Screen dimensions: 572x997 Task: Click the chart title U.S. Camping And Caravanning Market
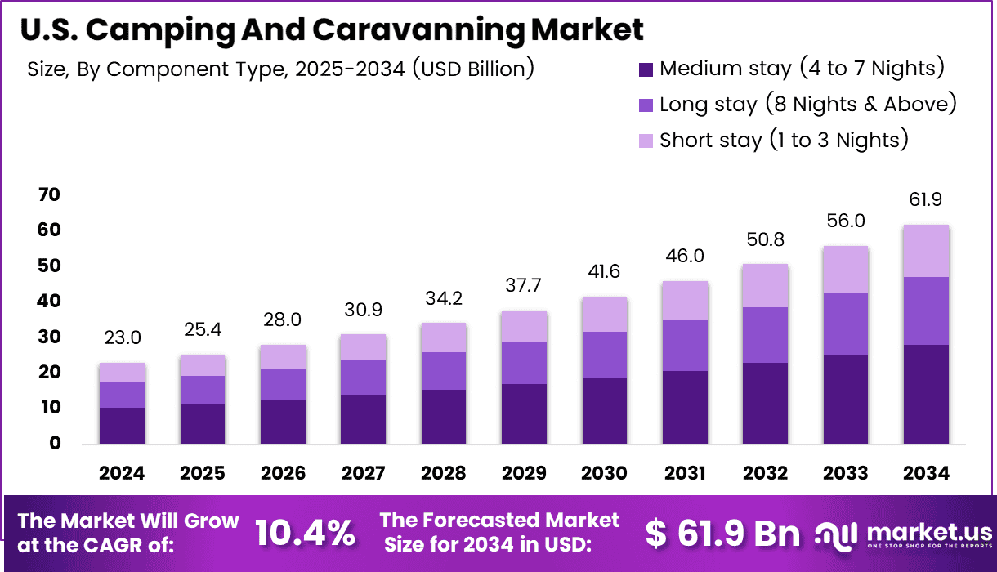point(331,29)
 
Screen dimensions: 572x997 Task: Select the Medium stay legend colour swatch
point(646,69)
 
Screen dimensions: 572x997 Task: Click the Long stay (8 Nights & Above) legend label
point(807,104)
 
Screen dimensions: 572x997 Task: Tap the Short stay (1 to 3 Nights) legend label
point(784,140)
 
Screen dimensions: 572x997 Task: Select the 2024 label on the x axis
point(122,473)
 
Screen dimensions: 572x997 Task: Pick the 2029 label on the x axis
point(524,473)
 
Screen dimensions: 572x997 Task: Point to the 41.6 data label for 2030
point(604,272)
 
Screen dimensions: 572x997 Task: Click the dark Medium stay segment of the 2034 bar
point(926,394)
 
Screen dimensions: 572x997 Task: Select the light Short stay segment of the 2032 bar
point(765,285)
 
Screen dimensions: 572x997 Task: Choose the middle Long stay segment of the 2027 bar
point(363,378)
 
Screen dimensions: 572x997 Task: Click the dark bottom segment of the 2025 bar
point(202,423)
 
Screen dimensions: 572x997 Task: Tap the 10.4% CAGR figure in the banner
point(305,534)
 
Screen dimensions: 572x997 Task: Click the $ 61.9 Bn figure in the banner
point(722,534)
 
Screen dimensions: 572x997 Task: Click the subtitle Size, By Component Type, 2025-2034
point(280,69)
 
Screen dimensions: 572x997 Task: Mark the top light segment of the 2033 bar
point(845,269)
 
